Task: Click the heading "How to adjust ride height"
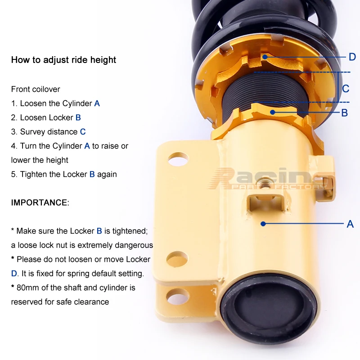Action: tap(63, 60)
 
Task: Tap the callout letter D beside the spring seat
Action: tap(352, 57)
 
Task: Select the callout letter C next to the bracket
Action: tap(346, 89)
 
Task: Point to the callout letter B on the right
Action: tap(344, 113)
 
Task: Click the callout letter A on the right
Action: tap(350, 224)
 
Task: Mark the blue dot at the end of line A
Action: tap(263, 224)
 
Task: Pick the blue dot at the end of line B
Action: tap(273, 112)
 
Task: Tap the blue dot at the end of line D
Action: tap(265, 57)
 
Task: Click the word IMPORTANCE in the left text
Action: tap(39, 202)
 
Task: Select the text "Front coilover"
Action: tap(36, 89)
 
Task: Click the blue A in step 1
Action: tap(97, 103)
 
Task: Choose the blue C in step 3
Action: tap(83, 132)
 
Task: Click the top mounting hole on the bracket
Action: tap(178, 159)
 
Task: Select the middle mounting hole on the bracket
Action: tap(177, 259)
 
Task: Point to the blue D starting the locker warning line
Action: tap(14, 274)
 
